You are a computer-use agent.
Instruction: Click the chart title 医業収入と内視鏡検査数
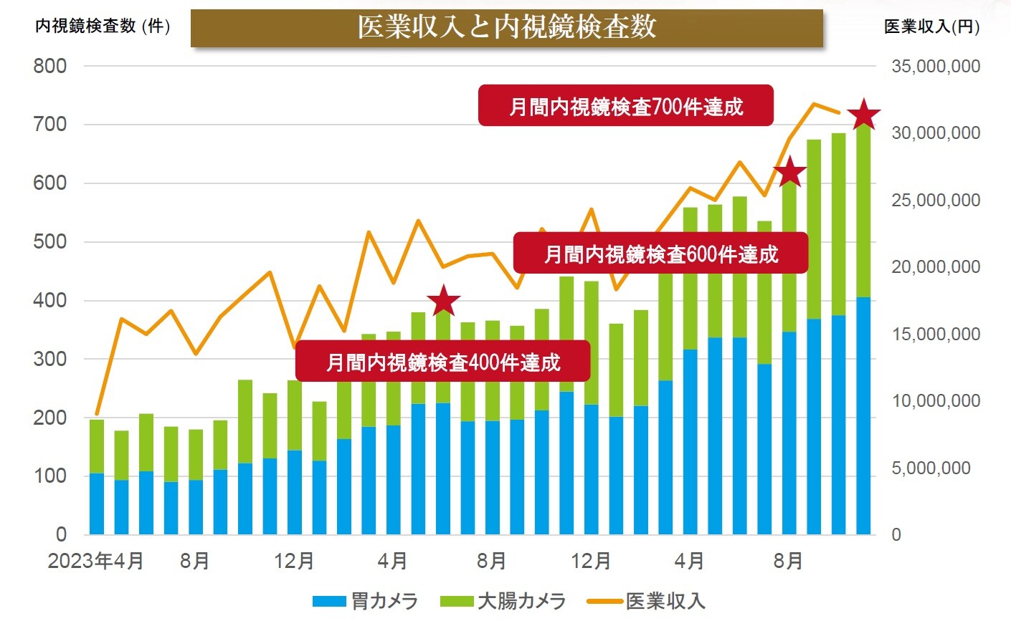[506, 27]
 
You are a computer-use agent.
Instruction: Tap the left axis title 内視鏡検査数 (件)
[103, 27]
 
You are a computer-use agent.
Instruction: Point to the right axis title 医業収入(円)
[931, 27]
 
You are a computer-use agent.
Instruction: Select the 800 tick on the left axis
[50, 67]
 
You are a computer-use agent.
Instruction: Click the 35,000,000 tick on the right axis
[935, 67]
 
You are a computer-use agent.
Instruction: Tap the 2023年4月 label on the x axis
[95, 561]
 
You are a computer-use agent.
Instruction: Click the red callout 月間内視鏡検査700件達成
[625, 106]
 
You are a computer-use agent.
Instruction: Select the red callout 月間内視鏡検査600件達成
[660, 254]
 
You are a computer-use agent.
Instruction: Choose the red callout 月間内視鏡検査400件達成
[442, 361]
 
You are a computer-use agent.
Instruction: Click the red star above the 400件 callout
[443, 302]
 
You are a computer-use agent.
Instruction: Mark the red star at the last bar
[864, 115]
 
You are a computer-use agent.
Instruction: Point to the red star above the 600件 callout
[789, 173]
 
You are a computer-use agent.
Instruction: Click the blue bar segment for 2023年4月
[96, 504]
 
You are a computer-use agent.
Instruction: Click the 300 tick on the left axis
[50, 359]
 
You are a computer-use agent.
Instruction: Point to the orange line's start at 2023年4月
[97, 414]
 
